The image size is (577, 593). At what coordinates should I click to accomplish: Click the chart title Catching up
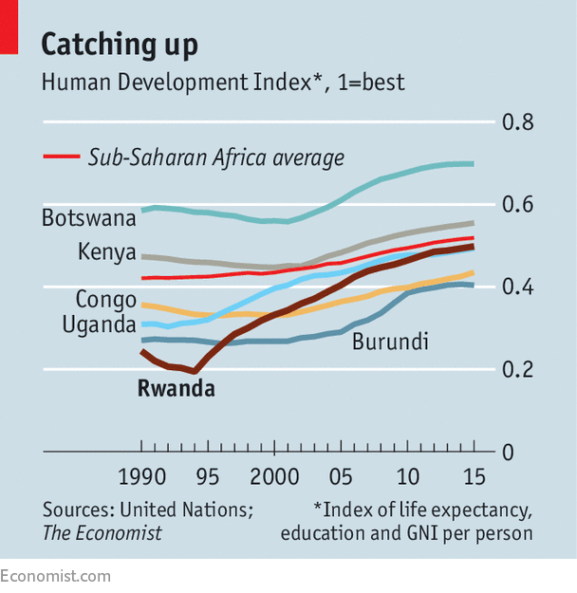click(x=120, y=46)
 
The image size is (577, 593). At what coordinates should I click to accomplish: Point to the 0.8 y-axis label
click(x=517, y=122)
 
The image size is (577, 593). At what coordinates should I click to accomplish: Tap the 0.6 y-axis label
click(x=517, y=205)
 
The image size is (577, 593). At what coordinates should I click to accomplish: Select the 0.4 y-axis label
click(x=517, y=287)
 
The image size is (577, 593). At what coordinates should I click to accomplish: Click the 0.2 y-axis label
click(x=517, y=369)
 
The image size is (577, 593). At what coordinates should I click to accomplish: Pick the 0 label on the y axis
click(x=508, y=453)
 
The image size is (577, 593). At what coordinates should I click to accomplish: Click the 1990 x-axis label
click(x=142, y=476)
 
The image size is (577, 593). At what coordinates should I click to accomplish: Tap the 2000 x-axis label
click(x=274, y=476)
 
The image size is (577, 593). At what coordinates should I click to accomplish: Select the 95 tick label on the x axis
click(x=208, y=476)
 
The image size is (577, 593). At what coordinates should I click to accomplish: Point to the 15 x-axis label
click(x=475, y=476)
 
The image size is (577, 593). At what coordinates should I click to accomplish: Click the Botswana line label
click(x=89, y=218)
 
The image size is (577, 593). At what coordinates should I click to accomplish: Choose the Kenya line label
click(x=106, y=252)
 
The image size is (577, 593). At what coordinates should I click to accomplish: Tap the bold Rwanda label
click(x=177, y=388)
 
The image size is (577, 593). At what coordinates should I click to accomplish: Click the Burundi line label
click(x=390, y=342)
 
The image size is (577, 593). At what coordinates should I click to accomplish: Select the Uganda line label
click(x=99, y=325)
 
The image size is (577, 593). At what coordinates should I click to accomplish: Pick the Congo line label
click(x=106, y=300)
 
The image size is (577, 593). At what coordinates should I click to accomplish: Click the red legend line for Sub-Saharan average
click(x=62, y=157)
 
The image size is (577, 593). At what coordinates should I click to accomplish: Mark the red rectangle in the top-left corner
click(x=9, y=28)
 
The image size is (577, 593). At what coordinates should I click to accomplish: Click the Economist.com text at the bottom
click(x=55, y=576)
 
